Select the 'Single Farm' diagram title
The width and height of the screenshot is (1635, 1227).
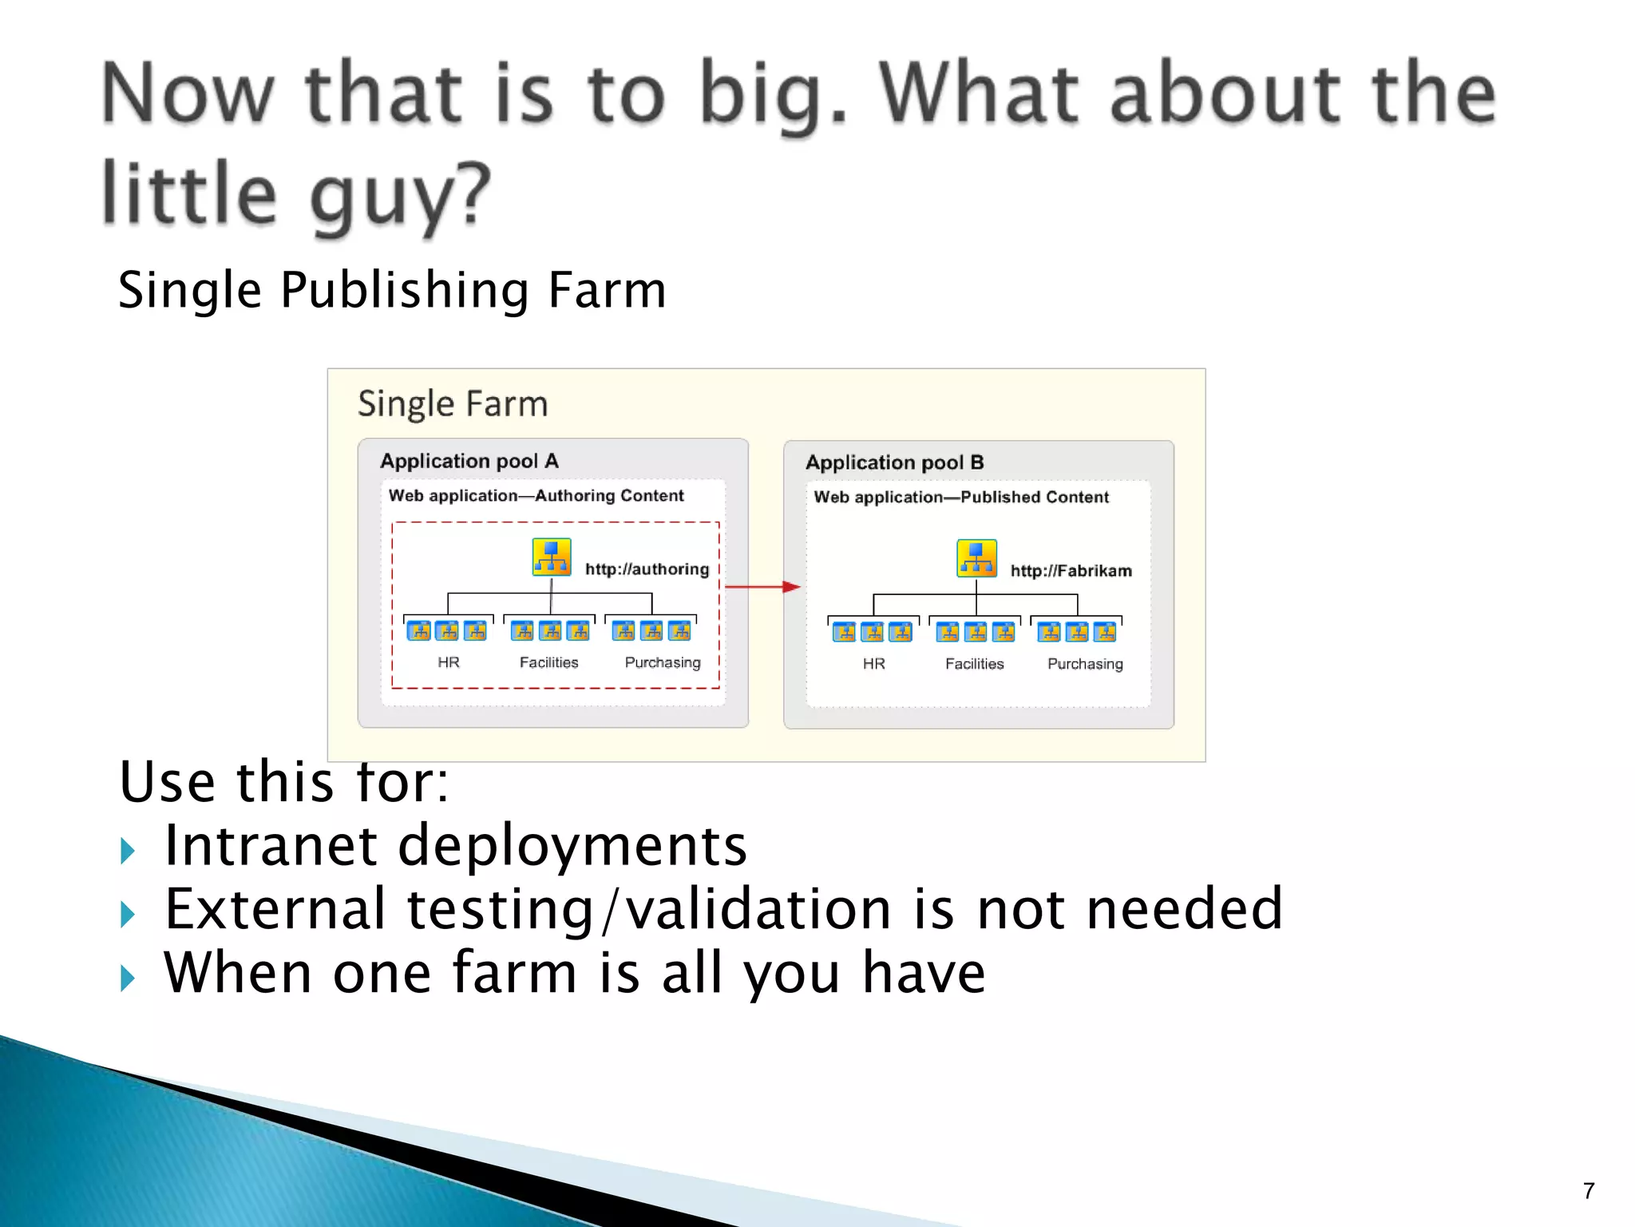[x=452, y=403]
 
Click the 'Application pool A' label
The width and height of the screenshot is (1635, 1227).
[x=469, y=461]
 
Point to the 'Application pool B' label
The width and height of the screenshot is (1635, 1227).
[x=894, y=463]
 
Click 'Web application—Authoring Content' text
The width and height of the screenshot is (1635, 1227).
[x=536, y=495]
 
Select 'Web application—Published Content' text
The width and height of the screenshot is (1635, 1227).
[x=961, y=497]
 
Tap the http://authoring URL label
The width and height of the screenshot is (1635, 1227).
[x=647, y=569]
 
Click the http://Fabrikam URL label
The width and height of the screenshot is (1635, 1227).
[x=1071, y=570]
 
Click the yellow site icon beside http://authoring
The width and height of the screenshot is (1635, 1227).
[x=552, y=557]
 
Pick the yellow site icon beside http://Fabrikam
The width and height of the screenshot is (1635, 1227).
[x=976, y=558]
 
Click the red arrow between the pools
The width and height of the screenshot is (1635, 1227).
[x=762, y=587]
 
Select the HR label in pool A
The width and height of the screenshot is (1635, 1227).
[x=448, y=662]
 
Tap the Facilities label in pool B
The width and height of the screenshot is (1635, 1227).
[x=974, y=664]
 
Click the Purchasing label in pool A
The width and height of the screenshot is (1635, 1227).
[x=662, y=662]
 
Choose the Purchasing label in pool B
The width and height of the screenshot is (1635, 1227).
[x=1085, y=664]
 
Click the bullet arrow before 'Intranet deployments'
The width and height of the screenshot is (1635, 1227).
[x=128, y=851]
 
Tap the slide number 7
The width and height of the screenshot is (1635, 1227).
[x=1589, y=1191]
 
